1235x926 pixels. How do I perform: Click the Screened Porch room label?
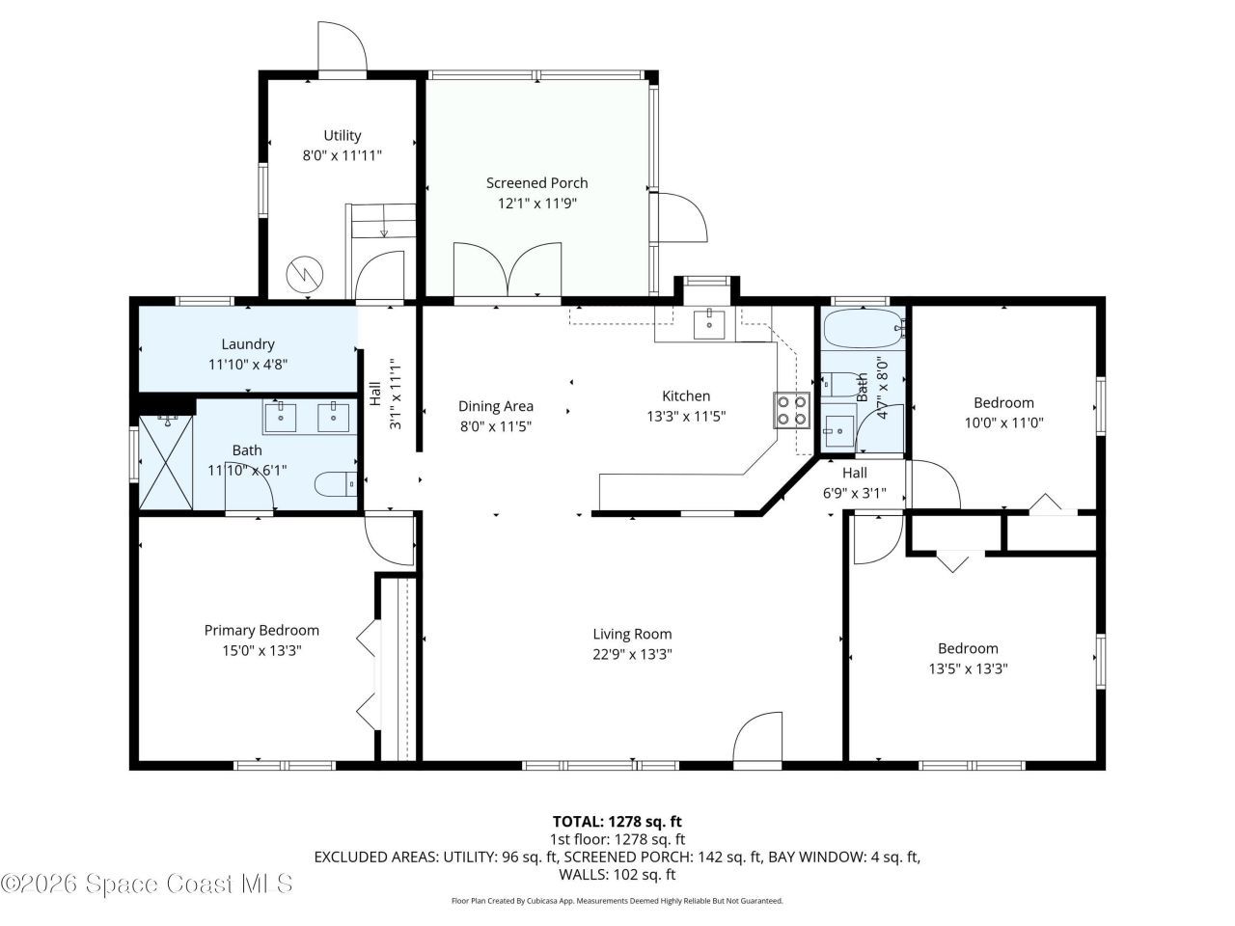pyautogui.click(x=536, y=183)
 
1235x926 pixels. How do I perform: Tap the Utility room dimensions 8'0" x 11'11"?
pyautogui.click(x=343, y=154)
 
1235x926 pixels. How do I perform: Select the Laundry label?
pyautogui.click(x=248, y=344)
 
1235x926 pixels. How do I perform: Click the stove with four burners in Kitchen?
pyautogui.click(x=791, y=411)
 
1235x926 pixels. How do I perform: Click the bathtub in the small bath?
pyautogui.click(x=863, y=331)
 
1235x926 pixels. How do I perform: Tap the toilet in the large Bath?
pyautogui.click(x=338, y=483)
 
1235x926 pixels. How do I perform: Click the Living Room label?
pyautogui.click(x=632, y=635)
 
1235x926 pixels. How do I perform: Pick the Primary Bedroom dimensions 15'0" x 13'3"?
pyautogui.click(x=261, y=651)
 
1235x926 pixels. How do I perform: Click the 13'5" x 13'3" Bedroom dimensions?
pyautogui.click(x=968, y=668)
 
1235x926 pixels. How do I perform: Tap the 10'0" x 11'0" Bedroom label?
pyautogui.click(x=1003, y=403)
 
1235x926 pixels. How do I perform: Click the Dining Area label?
pyautogui.click(x=496, y=407)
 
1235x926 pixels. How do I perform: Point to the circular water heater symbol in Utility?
pyautogui.click(x=305, y=274)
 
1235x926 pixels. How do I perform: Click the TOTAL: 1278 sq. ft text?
pyautogui.click(x=617, y=822)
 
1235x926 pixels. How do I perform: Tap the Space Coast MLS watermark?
pyautogui.click(x=147, y=883)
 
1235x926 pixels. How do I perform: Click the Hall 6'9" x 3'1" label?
pyautogui.click(x=854, y=474)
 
